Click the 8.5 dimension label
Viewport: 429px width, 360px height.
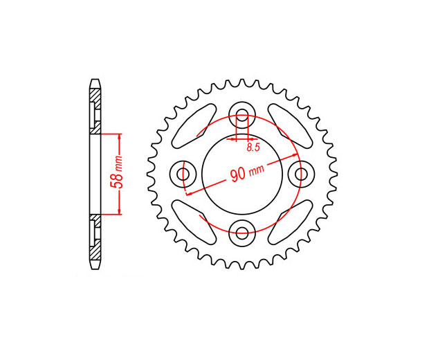tap(253, 147)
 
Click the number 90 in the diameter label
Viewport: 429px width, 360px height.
tap(238, 175)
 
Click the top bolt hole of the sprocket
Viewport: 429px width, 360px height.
tap(242, 114)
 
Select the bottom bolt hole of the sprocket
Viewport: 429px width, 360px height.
tap(242, 233)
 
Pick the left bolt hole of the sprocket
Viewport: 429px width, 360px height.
tap(183, 174)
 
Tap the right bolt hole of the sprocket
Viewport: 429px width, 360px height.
tap(302, 174)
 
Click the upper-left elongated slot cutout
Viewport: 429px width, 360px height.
tap(194, 126)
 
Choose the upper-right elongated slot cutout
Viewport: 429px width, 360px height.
tap(290, 126)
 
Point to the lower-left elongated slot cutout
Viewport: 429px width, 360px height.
tap(194, 222)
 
